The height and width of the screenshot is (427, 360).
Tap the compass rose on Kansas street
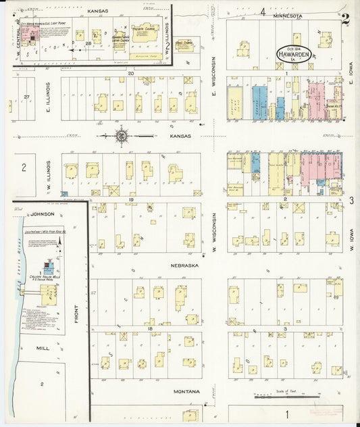[x=122, y=135]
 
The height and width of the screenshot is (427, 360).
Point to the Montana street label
[x=186, y=392]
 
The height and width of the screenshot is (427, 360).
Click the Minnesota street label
[x=288, y=14]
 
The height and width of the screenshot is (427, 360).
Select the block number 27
[x=26, y=97]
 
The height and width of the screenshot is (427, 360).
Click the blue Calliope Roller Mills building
[x=48, y=268]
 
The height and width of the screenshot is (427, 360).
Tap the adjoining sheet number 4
[x=262, y=11]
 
